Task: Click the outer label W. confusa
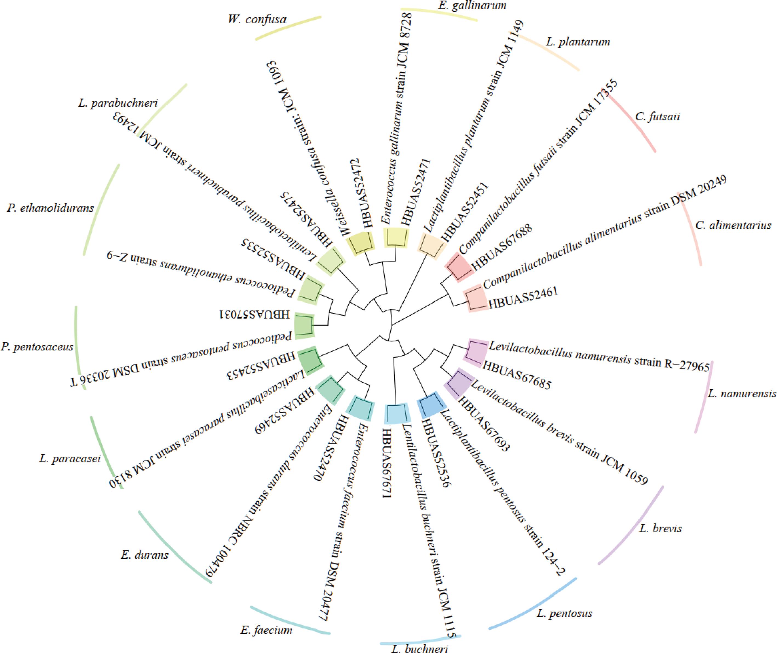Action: (257, 19)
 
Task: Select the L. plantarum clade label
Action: (577, 42)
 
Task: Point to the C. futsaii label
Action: (658, 117)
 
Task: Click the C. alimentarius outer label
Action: (733, 225)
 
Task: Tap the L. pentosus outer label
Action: (564, 614)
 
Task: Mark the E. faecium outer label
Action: (266, 630)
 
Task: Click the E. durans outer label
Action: (144, 555)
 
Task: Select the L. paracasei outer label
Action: (70, 459)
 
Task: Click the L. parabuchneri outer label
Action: (118, 103)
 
